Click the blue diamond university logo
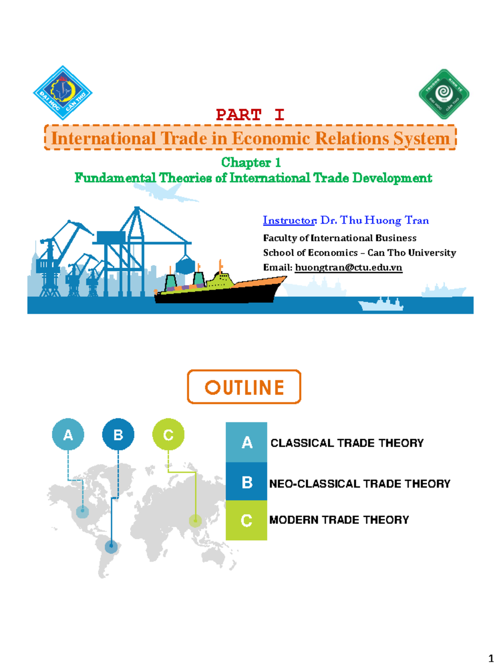point(63,93)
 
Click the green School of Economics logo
point(444,94)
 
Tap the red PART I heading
point(250,114)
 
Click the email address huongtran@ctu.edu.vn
point(348,267)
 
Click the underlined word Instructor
point(289,220)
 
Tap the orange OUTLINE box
point(244,387)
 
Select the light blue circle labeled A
point(68,435)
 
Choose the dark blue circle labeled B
point(118,435)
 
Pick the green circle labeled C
point(168,435)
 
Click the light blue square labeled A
point(246,442)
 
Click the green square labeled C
point(246,520)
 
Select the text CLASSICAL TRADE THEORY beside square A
point(347,443)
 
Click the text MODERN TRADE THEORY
point(339,520)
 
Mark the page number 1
point(491,659)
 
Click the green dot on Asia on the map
point(195,521)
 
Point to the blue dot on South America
point(111,546)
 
